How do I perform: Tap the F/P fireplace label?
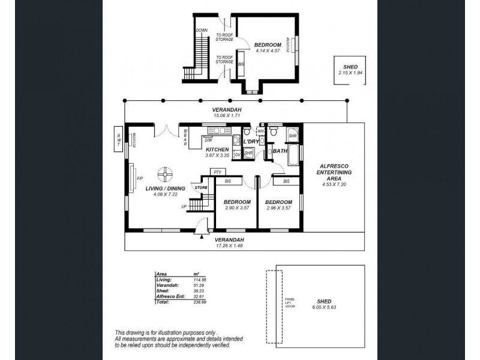pos(140,179)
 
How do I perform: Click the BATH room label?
pos(280,151)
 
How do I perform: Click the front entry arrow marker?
pos(201,237)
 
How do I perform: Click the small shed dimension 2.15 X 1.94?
pos(349,73)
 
